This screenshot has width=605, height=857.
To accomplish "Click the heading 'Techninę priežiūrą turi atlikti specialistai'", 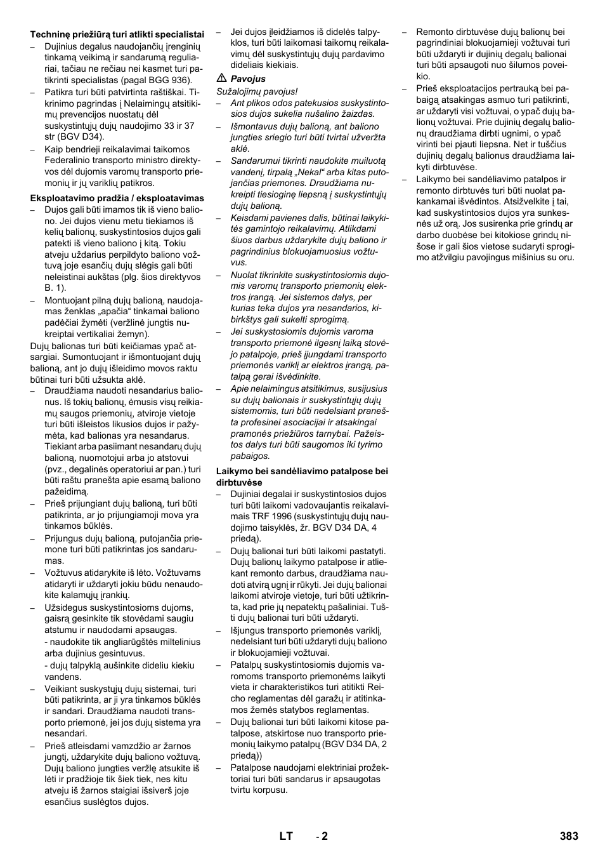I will click(x=117, y=35).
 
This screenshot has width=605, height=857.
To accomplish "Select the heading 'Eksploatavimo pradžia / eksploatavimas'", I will click(x=117, y=198).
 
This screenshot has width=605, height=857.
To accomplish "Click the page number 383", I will click(x=569, y=836).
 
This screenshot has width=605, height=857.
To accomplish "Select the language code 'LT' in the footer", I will click(x=286, y=836).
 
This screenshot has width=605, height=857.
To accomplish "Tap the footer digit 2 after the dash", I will click(x=325, y=836).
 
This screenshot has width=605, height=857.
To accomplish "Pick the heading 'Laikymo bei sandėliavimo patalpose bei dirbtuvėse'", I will click(x=302, y=477).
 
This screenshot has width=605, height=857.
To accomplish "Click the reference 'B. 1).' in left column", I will click(x=55, y=288).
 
